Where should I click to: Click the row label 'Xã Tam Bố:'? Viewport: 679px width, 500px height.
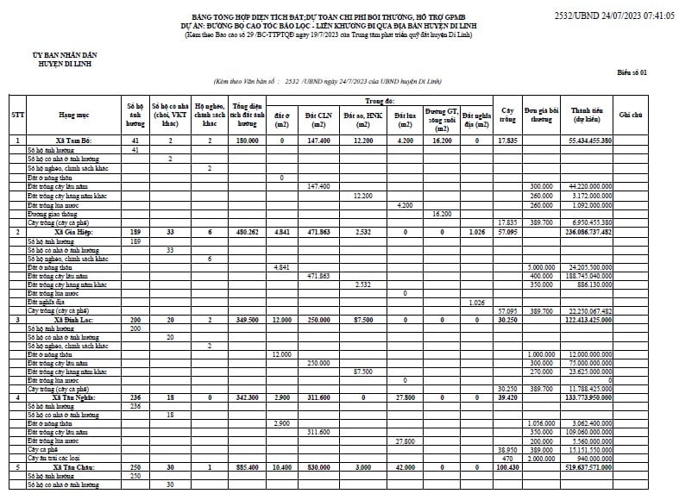[x=72, y=140]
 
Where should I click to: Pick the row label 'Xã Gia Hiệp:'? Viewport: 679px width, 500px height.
[x=72, y=232]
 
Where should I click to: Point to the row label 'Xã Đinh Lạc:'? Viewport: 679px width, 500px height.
[x=72, y=319]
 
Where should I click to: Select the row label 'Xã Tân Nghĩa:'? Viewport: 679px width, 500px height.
[x=72, y=397]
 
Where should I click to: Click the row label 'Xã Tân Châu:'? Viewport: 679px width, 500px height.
[x=72, y=467]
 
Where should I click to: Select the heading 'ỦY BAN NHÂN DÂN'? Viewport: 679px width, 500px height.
[x=49, y=55]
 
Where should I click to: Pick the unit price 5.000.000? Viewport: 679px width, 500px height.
[x=541, y=267]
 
